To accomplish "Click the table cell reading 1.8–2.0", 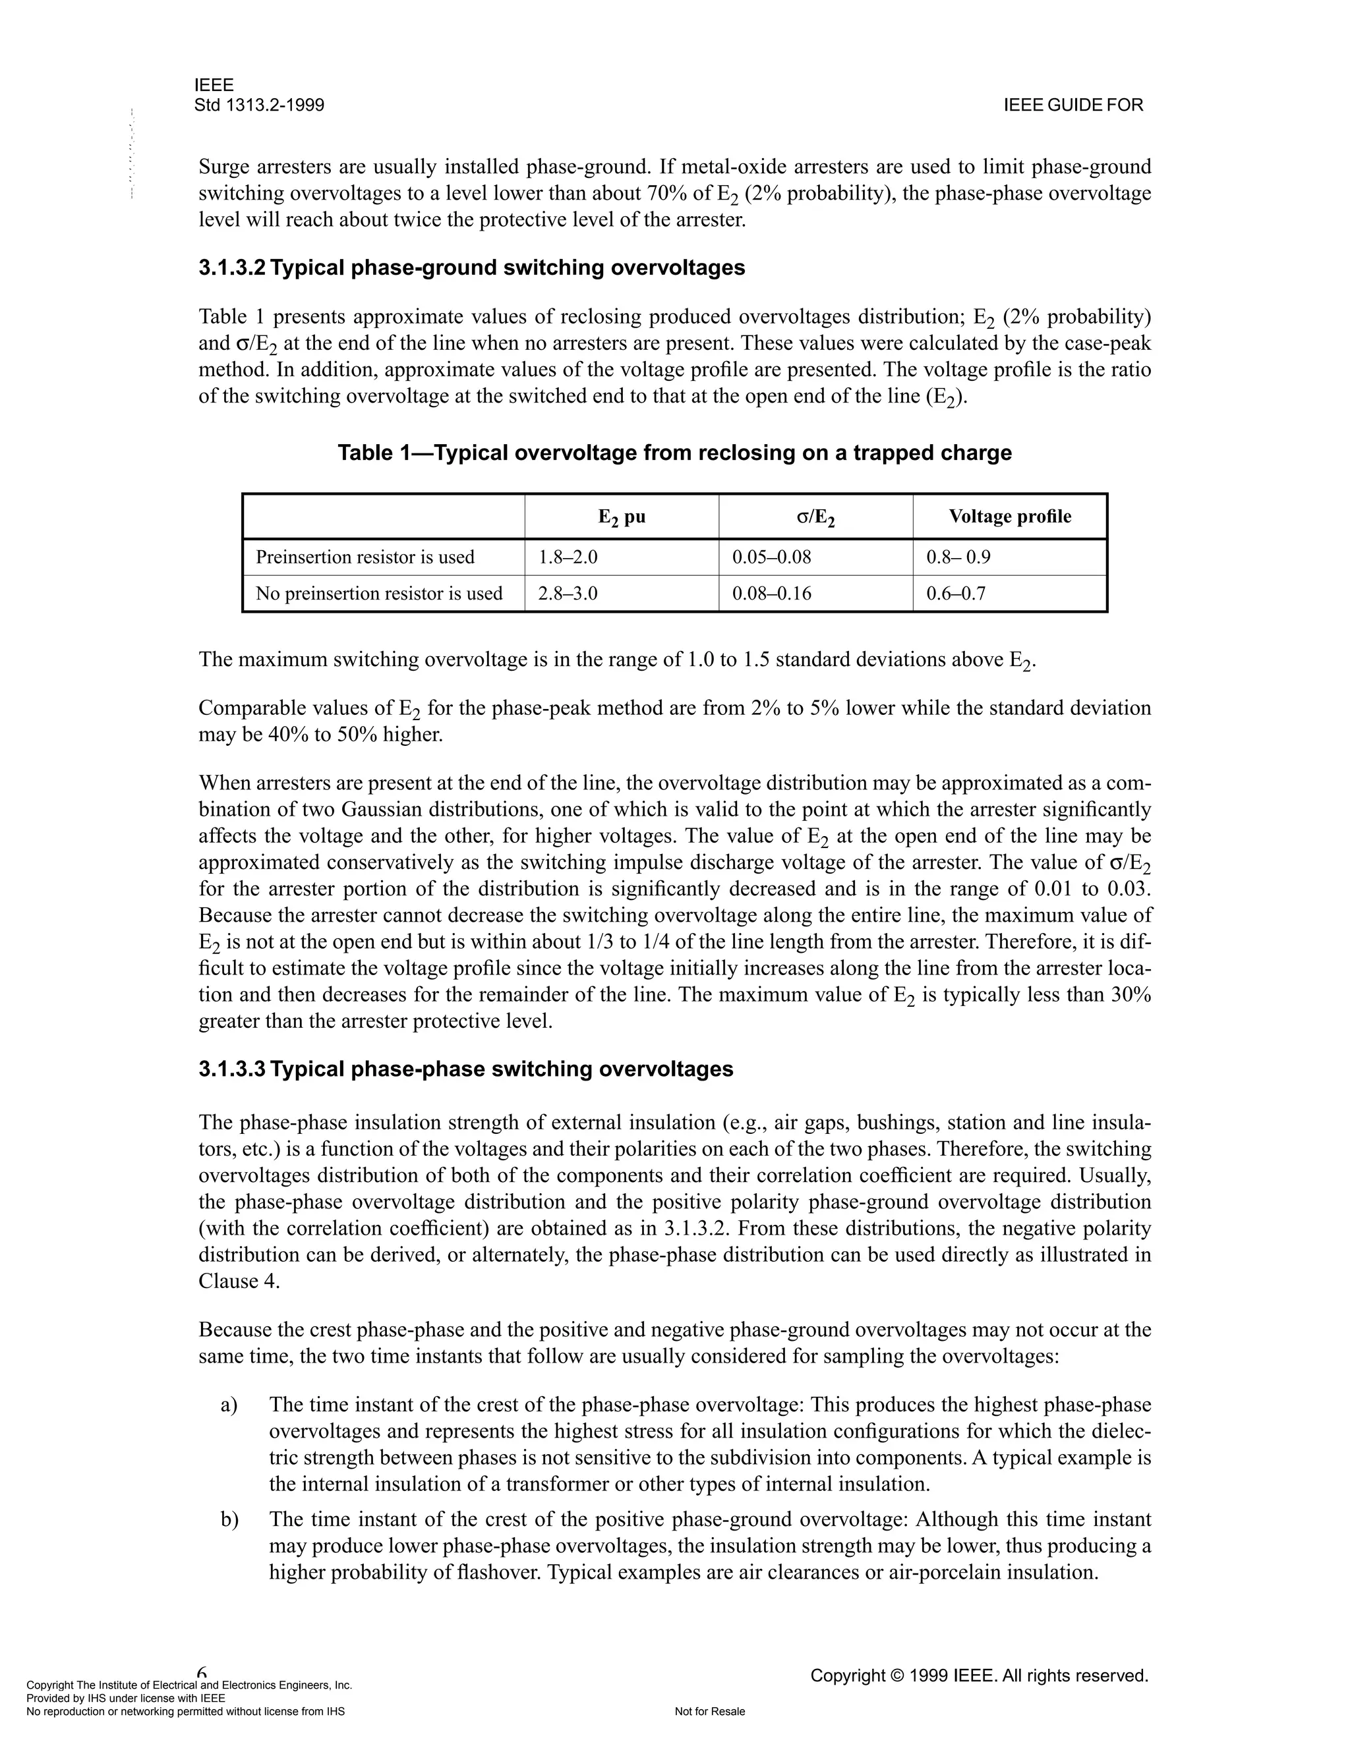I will click(568, 557).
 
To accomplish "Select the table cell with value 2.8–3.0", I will click(568, 593).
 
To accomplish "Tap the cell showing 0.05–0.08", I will click(771, 557).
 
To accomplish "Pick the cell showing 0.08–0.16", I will click(771, 593).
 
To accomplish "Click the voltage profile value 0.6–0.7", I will click(956, 593).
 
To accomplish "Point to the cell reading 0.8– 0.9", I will click(958, 557).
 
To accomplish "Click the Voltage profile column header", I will click(1009, 517).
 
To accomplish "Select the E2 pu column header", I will click(622, 517).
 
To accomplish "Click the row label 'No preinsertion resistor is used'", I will click(378, 593).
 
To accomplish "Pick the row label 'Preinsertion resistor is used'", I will click(365, 557).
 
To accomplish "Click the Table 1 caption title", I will click(674, 453).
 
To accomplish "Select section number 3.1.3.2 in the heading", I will click(231, 268).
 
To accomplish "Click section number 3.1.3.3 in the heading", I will click(231, 1069).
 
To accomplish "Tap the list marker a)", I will click(229, 1405).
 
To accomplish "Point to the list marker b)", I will click(229, 1519).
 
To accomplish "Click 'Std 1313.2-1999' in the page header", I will click(259, 105).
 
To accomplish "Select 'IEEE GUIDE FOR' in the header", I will click(1072, 105).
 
